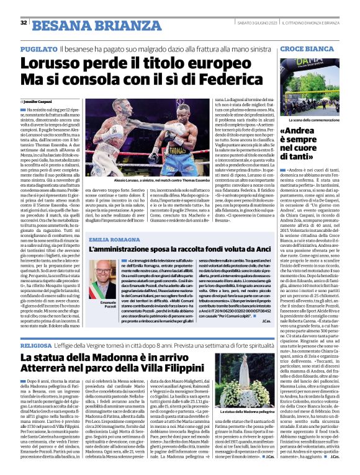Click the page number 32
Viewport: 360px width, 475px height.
point(24,23)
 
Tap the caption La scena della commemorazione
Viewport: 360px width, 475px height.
point(317,118)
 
